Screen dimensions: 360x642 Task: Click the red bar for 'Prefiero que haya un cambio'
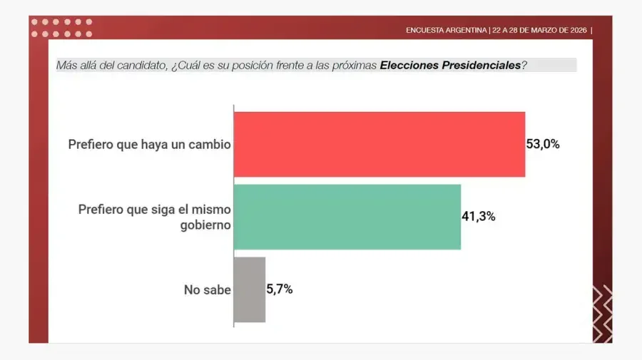379,144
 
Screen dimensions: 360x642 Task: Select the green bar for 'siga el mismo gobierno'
347,217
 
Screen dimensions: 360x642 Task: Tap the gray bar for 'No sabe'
250,289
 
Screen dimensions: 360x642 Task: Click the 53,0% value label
543,144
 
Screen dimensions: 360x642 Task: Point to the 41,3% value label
479,217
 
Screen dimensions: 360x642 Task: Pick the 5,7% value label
280,289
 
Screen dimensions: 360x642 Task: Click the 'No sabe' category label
207,290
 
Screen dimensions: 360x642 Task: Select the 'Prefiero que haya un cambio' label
149,145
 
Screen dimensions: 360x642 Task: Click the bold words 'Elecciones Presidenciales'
450,66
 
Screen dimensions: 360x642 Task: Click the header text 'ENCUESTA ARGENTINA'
447,31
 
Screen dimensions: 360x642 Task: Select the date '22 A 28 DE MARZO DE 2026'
539,31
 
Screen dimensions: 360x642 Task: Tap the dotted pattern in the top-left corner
61,28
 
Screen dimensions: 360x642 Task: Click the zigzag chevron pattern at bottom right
602,314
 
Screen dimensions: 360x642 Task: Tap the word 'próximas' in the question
355,66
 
